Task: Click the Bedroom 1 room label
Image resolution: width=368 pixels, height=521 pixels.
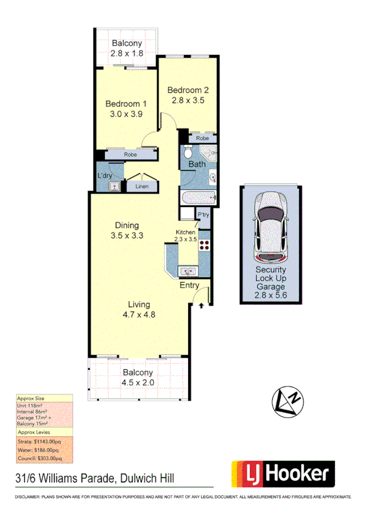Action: click(125, 103)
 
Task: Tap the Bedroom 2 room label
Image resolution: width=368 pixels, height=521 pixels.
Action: click(186, 90)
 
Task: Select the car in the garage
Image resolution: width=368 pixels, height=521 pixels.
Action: click(271, 224)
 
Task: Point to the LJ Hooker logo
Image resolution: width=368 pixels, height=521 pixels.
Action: click(283, 474)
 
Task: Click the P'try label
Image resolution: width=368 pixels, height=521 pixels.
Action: click(203, 214)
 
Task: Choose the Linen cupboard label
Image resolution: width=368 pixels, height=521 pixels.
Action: click(142, 186)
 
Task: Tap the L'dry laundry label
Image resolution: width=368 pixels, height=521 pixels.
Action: click(104, 176)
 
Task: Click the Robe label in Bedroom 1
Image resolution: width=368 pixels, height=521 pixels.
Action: click(130, 155)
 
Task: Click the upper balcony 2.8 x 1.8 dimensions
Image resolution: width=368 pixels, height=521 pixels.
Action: click(127, 54)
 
